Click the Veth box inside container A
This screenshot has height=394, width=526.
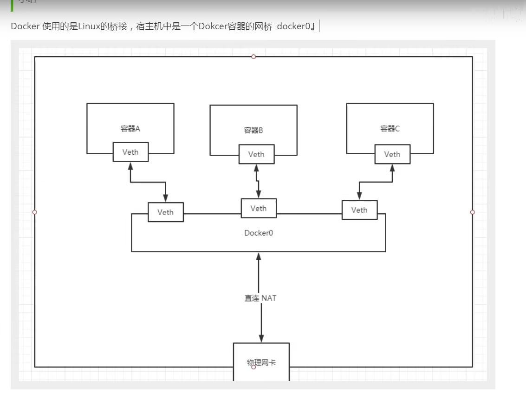click(130, 152)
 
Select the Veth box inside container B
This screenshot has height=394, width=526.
click(256, 154)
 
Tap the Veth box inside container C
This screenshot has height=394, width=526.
click(392, 154)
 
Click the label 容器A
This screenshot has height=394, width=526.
click(130, 129)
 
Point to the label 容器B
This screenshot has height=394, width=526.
click(253, 131)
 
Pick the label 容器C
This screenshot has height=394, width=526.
click(390, 129)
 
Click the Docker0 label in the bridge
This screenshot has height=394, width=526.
click(258, 233)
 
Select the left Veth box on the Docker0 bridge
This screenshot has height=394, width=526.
click(165, 212)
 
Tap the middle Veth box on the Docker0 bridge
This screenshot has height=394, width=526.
click(259, 208)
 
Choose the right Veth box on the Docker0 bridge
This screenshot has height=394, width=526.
click(359, 210)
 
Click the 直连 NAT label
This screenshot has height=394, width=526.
click(260, 298)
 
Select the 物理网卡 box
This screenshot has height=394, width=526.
click(261, 362)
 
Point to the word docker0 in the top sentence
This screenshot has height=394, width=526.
click(294, 26)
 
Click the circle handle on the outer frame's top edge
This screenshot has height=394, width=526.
click(253, 57)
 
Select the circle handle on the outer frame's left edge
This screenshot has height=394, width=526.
click(34, 212)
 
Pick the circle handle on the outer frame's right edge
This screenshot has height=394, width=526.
click(473, 212)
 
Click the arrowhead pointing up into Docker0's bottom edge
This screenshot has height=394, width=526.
click(259, 256)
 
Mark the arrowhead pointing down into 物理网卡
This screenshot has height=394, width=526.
click(261, 339)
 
